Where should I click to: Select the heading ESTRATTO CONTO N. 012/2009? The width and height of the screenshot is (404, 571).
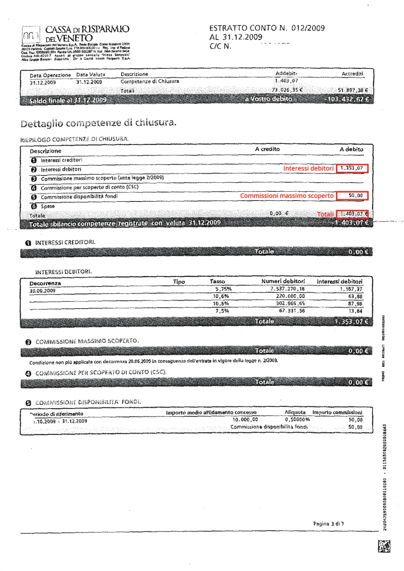(267, 28)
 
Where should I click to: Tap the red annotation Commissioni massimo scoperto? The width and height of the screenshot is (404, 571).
(287, 196)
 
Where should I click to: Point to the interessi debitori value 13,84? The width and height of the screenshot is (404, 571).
(355, 310)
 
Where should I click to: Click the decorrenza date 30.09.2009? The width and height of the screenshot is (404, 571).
(42, 291)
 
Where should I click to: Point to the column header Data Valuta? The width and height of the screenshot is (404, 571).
(91, 74)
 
